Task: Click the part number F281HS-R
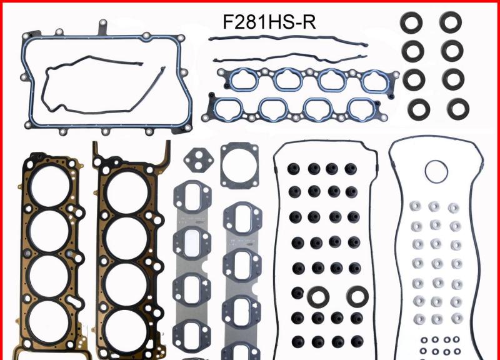[x=269, y=23]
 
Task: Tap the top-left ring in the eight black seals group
[x=413, y=22]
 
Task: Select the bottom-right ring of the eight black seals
[x=456, y=107]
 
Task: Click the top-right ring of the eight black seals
[x=450, y=22]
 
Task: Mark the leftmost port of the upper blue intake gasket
[x=239, y=80]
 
